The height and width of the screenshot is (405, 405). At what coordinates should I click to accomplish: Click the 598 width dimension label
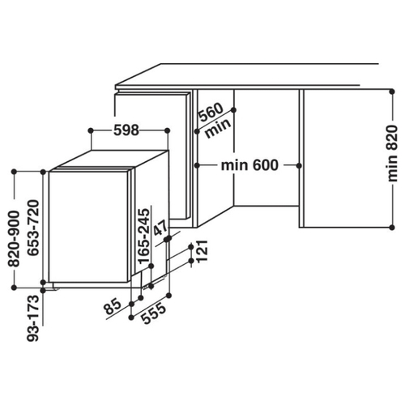tap(126, 130)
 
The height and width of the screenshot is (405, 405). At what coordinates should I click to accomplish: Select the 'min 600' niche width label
tap(249, 165)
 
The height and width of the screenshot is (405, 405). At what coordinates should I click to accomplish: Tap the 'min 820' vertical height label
tap(392, 153)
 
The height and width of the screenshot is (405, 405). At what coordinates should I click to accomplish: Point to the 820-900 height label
tap(14, 239)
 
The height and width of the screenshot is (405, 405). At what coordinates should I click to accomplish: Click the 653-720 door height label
tap(33, 228)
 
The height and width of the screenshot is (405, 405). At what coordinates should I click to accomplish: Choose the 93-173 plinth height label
tap(33, 318)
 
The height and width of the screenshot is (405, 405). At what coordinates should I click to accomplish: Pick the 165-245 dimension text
tap(143, 236)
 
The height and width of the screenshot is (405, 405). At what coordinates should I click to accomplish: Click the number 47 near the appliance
tap(160, 228)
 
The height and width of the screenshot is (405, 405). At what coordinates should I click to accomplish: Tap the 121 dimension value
tap(202, 251)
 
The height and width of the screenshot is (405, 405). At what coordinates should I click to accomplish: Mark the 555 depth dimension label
tap(153, 313)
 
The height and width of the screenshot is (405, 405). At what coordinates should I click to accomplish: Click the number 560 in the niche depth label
tap(211, 112)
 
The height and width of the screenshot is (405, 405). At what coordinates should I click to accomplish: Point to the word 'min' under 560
tap(218, 128)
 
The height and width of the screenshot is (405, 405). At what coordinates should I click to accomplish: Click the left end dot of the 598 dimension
tap(91, 130)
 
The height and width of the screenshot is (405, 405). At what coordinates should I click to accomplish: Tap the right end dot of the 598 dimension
tap(168, 130)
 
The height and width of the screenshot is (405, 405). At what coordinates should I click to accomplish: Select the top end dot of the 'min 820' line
tap(392, 92)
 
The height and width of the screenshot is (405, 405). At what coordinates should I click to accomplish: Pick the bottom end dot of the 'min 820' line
tap(392, 228)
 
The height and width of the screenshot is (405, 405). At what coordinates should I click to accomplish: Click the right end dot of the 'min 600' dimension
tap(299, 165)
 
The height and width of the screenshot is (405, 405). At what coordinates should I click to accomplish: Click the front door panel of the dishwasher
tap(88, 227)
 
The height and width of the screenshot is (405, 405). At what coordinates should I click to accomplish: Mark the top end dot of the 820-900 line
tap(14, 172)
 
